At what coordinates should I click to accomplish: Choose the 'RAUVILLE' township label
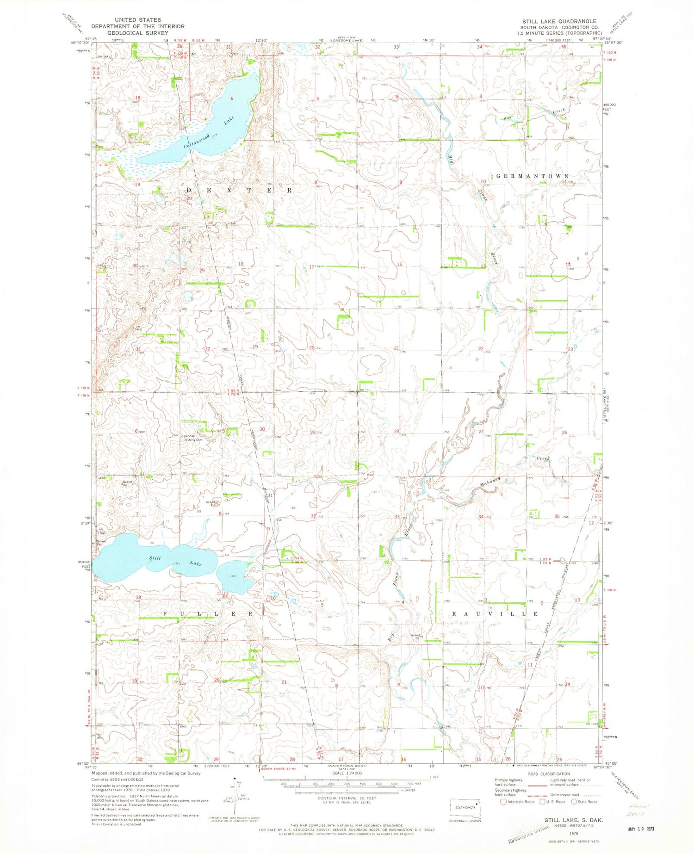point(495,613)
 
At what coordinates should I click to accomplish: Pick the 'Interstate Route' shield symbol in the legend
point(503,802)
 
